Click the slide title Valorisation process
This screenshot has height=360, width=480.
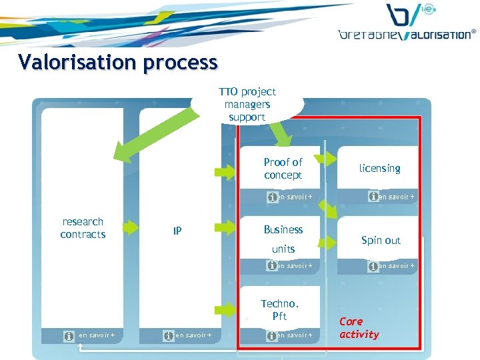[118, 62]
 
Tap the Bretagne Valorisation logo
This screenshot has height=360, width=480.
[407, 23]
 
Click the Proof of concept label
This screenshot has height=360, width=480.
[283, 169]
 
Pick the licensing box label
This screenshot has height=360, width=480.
[379, 169]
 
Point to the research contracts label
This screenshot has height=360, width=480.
[83, 228]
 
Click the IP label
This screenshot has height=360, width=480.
[177, 231]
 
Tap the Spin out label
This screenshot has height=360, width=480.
[381, 240]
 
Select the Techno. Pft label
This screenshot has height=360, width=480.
[280, 310]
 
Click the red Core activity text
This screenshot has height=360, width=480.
[359, 328]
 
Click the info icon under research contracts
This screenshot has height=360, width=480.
[69, 335]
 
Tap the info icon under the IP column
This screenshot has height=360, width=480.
[167, 335]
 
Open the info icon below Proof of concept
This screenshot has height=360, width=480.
[272, 197]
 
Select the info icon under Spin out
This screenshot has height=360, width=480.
[373, 266]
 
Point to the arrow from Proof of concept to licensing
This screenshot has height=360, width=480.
[326, 159]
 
